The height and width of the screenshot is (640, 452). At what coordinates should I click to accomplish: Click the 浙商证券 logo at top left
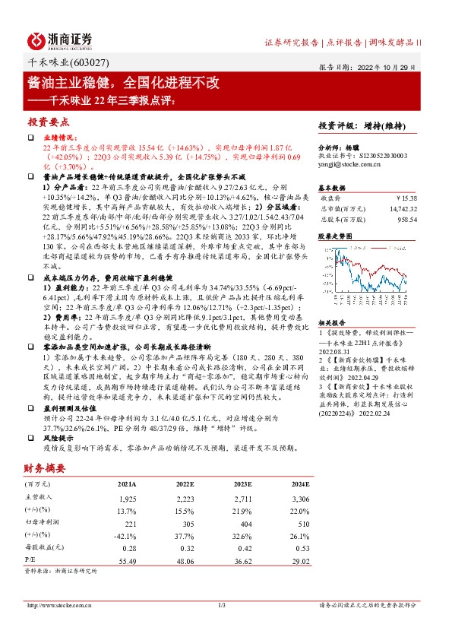[60, 40]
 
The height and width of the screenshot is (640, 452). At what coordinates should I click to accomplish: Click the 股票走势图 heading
[335, 236]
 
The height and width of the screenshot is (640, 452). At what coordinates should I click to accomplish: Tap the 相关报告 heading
[331, 322]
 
